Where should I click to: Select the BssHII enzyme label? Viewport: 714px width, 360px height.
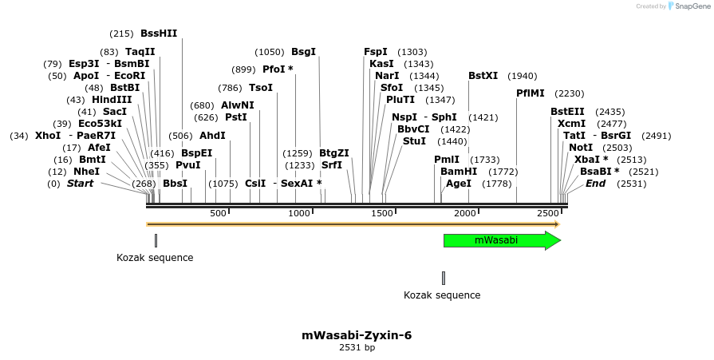point(159,34)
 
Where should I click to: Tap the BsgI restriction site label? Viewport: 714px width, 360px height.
point(303,52)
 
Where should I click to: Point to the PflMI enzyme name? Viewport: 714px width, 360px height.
point(531,93)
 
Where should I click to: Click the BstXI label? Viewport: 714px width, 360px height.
point(483,76)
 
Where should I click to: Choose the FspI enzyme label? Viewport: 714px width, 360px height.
point(376,52)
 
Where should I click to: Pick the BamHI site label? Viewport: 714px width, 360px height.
point(459,172)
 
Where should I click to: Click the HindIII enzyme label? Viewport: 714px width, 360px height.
point(112,100)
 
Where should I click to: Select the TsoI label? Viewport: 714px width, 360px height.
point(261,88)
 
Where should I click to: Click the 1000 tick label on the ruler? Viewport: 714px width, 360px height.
point(299,213)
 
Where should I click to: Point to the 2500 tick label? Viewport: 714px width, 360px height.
point(547,213)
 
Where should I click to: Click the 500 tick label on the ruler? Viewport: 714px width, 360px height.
point(218,213)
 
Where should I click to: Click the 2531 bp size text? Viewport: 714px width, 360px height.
point(357,347)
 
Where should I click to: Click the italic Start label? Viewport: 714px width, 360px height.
point(80,184)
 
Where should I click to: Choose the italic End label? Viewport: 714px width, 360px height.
point(595,184)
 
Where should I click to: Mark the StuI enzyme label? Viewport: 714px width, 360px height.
point(414,141)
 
